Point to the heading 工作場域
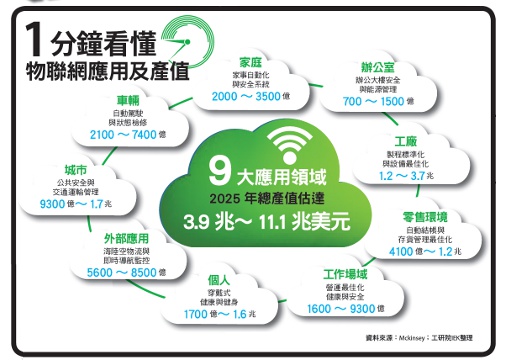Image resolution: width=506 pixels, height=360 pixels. pos(346,272)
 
